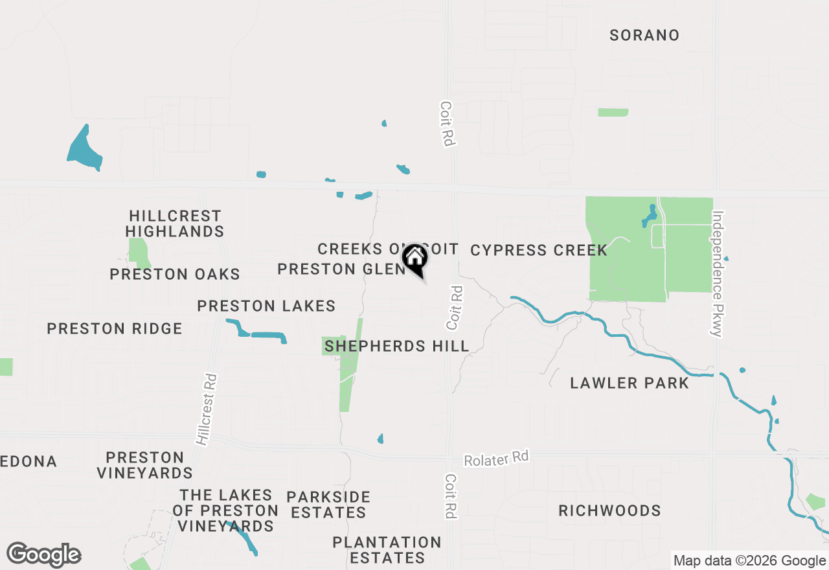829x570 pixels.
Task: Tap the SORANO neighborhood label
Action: coord(644,35)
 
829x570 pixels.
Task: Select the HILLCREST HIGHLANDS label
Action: coord(175,223)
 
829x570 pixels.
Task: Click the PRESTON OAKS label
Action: coord(175,274)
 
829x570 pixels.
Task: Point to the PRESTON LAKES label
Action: coord(266,306)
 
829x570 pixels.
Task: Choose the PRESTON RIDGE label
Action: coord(115,329)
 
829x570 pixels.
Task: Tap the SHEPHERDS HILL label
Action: coord(397,346)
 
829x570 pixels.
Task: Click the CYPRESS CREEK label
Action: coord(539,250)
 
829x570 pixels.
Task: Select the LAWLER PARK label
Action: coord(630,383)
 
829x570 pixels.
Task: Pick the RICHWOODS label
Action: coord(610,510)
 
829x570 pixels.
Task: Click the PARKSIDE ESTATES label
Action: coord(328,505)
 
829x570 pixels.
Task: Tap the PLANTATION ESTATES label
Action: coord(387,549)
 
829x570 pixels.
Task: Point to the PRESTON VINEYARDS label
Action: coord(145,465)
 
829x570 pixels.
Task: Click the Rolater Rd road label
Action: coord(496,458)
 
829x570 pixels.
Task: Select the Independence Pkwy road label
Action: coord(717,273)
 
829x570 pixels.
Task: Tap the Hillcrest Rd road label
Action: coord(207,409)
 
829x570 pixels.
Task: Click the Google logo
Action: coord(43,555)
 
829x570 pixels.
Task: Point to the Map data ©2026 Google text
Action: coord(749,561)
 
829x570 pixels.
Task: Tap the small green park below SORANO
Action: coord(613,112)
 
